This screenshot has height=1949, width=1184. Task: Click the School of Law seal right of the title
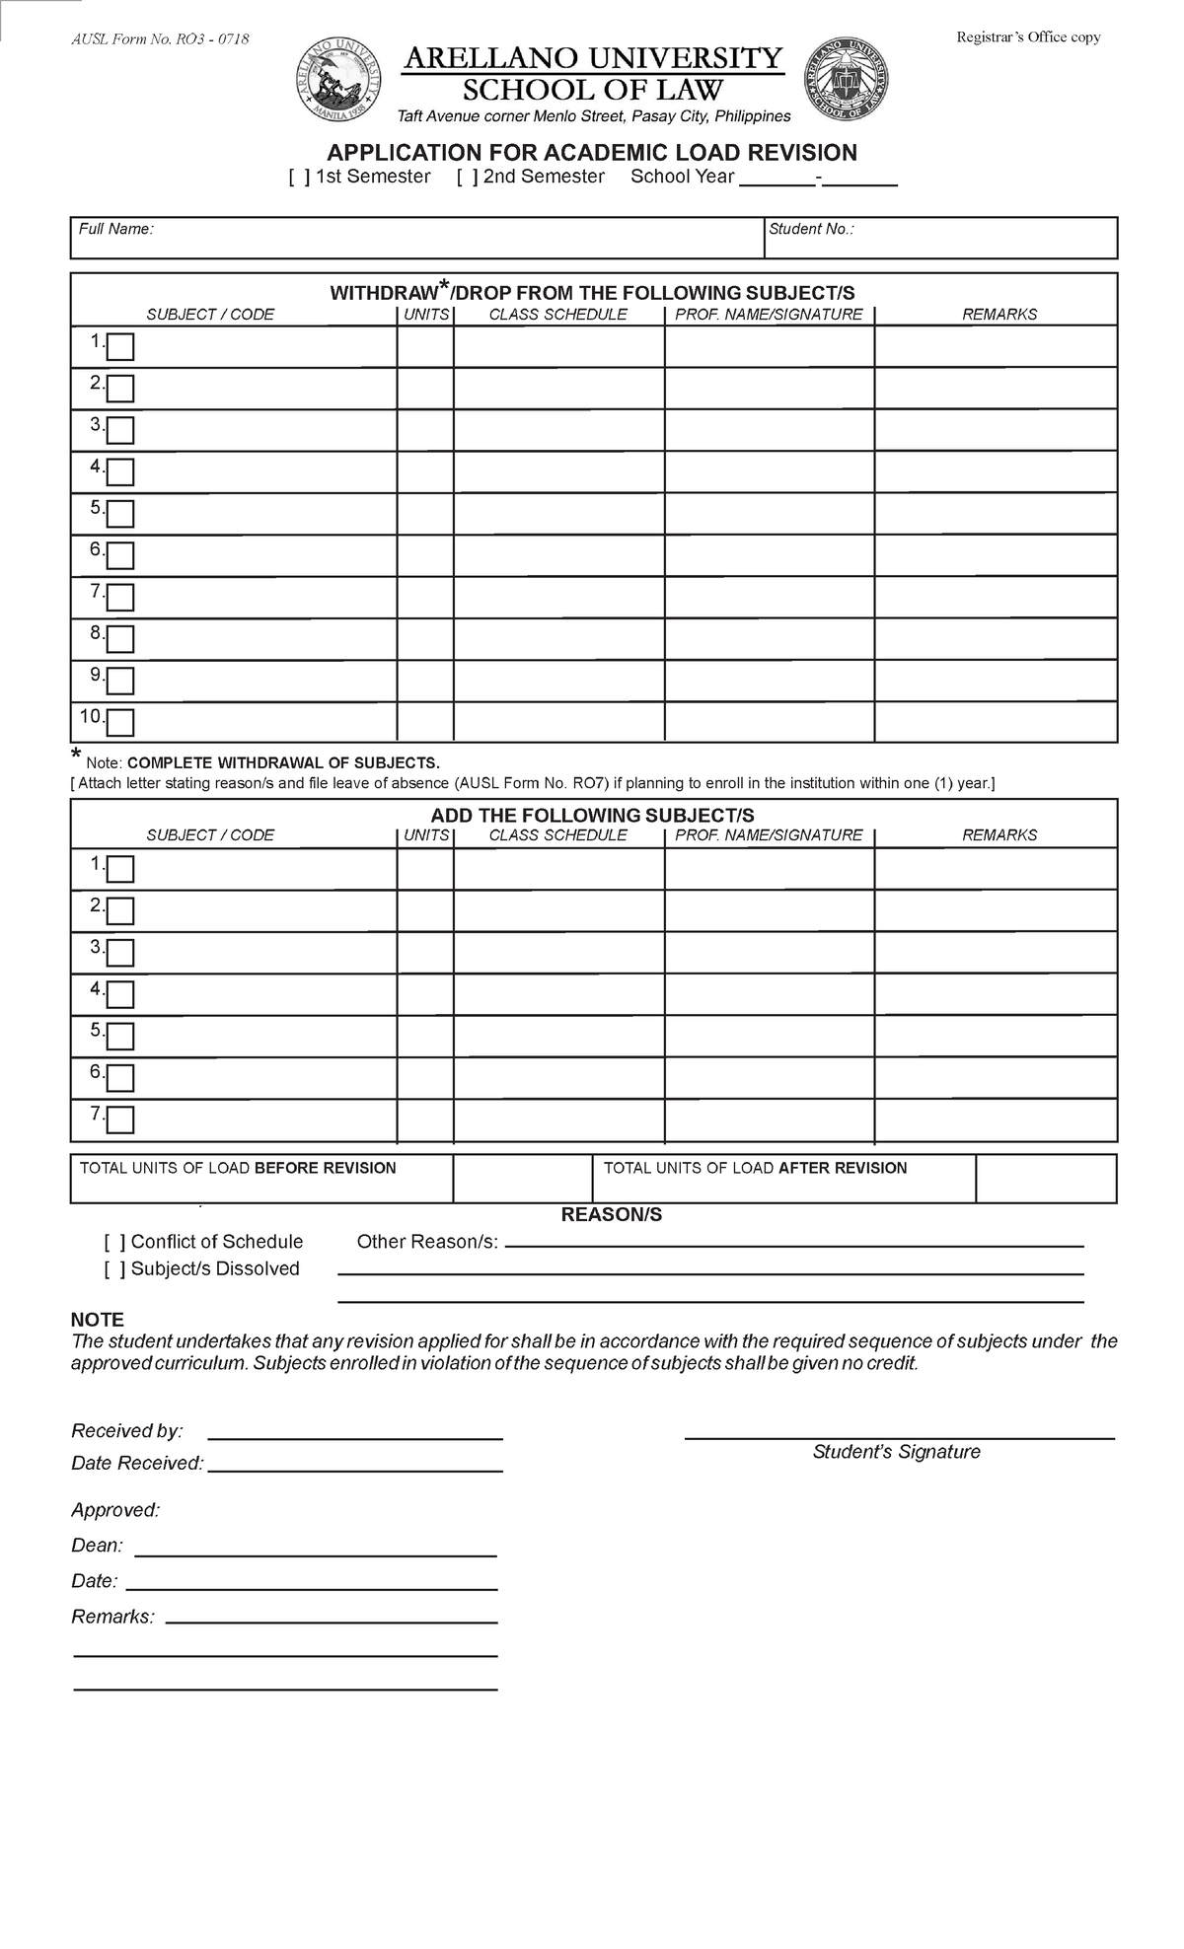pyautogui.click(x=847, y=80)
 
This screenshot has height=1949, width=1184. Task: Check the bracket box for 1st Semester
pyautogui.click(x=300, y=178)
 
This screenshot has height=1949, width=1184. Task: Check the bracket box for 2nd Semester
pyautogui.click(x=468, y=178)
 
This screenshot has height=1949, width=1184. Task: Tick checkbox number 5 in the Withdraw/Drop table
pyautogui.click(x=120, y=514)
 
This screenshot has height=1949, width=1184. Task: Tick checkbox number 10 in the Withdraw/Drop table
pyautogui.click(x=120, y=723)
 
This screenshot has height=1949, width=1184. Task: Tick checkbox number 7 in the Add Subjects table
pyautogui.click(x=120, y=1119)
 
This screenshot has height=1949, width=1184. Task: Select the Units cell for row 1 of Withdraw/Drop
pyautogui.click(x=425, y=347)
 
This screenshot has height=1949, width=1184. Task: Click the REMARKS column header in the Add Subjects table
pyautogui.click(x=999, y=835)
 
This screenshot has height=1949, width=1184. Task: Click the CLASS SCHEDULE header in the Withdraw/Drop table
pyautogui.click(x=557, y=315)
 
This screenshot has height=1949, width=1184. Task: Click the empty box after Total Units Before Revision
pyautogui.click(x=522, y=1179)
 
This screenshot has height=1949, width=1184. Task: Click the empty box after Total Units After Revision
pyautogui.click(x=1045, y=1179)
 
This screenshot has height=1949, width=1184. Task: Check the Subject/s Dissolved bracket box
pyautogui.click(x=114, y=1269)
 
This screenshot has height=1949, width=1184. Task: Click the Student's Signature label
pyautogui.click(x=896, y=1452)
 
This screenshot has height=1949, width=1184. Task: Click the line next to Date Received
pyautogui.click(x=355, y=1464)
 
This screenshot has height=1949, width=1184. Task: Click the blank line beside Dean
pyautogui.click(x=315, y=1547)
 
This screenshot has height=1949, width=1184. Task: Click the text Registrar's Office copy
pyautogui.click(x=1028, y=37)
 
